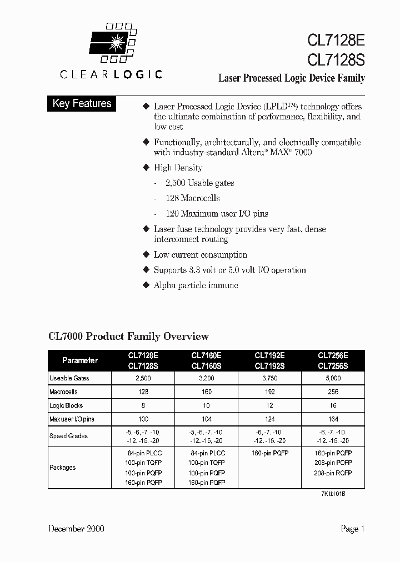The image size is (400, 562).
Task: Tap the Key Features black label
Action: coord(82,104)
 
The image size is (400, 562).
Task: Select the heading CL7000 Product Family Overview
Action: coord(129,336)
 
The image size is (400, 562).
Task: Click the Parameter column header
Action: coord(80,360)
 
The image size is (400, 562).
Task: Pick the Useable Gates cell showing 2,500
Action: coord(143,378)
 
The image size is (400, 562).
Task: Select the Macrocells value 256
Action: coord(333,392)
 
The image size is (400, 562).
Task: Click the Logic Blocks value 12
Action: coord(269,405)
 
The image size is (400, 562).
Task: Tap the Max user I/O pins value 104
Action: coord(206,419)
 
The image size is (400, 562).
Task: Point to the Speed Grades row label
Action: coord(68,436)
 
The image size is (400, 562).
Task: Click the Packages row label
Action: coord(63,468)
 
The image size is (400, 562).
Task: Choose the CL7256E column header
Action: coord(333,355)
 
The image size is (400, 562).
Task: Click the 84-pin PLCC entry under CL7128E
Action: coord(143,453)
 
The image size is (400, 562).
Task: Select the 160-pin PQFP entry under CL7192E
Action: coord(269,453)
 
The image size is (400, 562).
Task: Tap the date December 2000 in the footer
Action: coord(76,529)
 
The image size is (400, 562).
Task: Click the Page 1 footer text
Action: coord(352,529)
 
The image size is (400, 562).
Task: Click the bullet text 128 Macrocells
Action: coord(193,198)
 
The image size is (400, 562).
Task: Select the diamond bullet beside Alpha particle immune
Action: coord(147,285)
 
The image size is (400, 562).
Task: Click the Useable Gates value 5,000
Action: coord(333,378)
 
